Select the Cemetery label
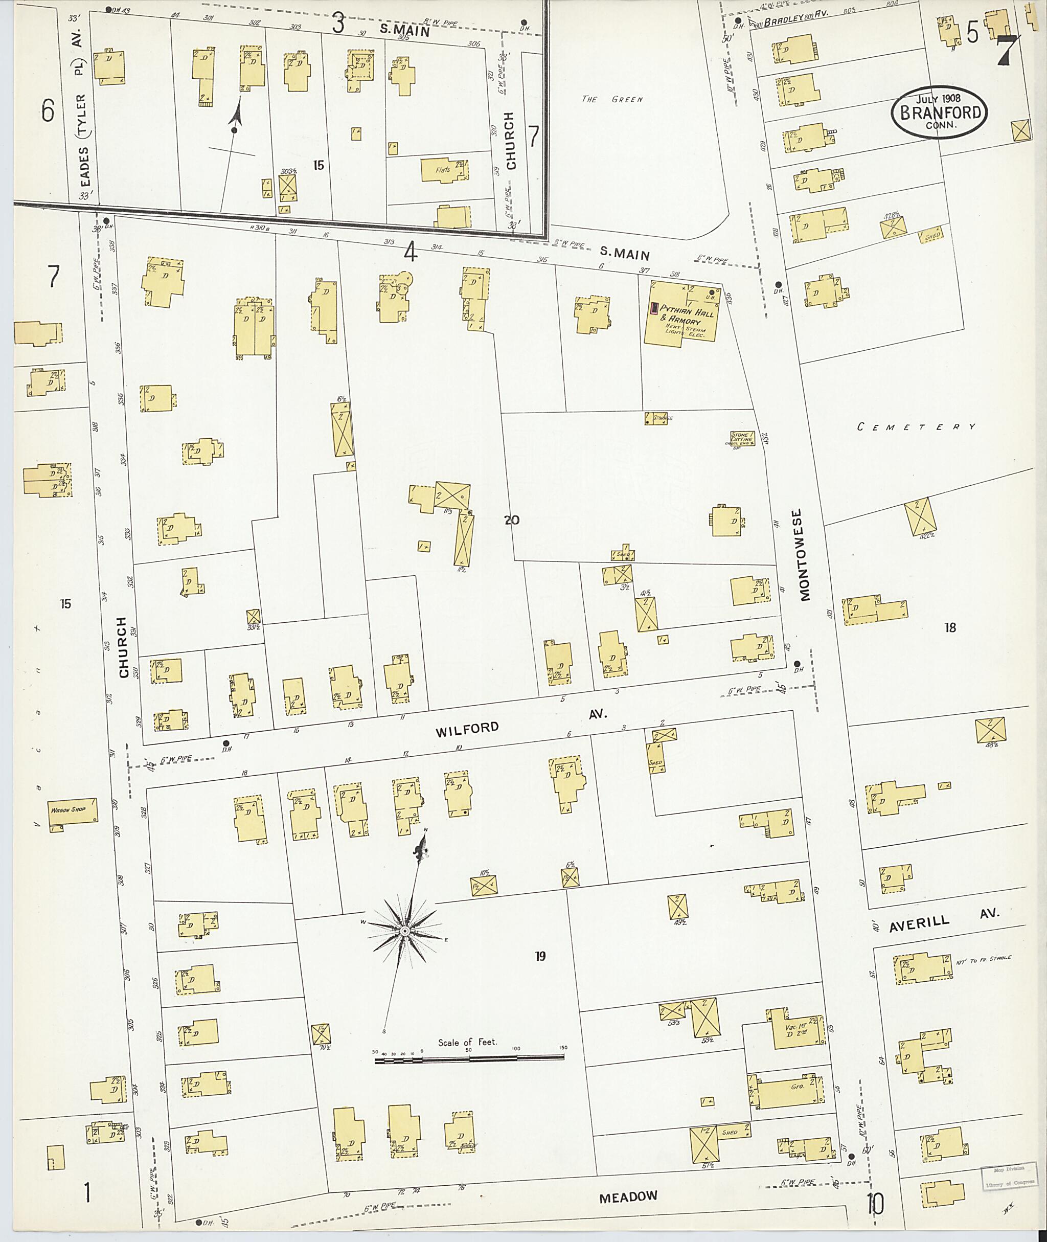click(x=916, y=427)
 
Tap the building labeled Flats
click(x=444, y=170)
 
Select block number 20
click(x=512, y=521)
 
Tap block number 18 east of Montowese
click(x=950, y=627)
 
